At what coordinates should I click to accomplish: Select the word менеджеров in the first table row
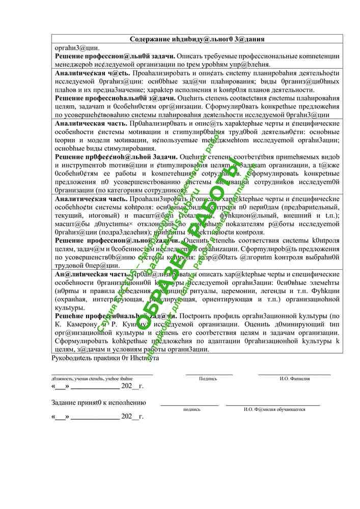(75, 65)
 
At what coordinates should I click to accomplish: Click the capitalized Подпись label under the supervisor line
(208, 379)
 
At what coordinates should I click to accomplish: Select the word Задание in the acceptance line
(66, 403)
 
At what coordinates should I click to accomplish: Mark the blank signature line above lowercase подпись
(189, 405)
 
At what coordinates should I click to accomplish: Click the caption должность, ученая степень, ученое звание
(92, 379)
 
